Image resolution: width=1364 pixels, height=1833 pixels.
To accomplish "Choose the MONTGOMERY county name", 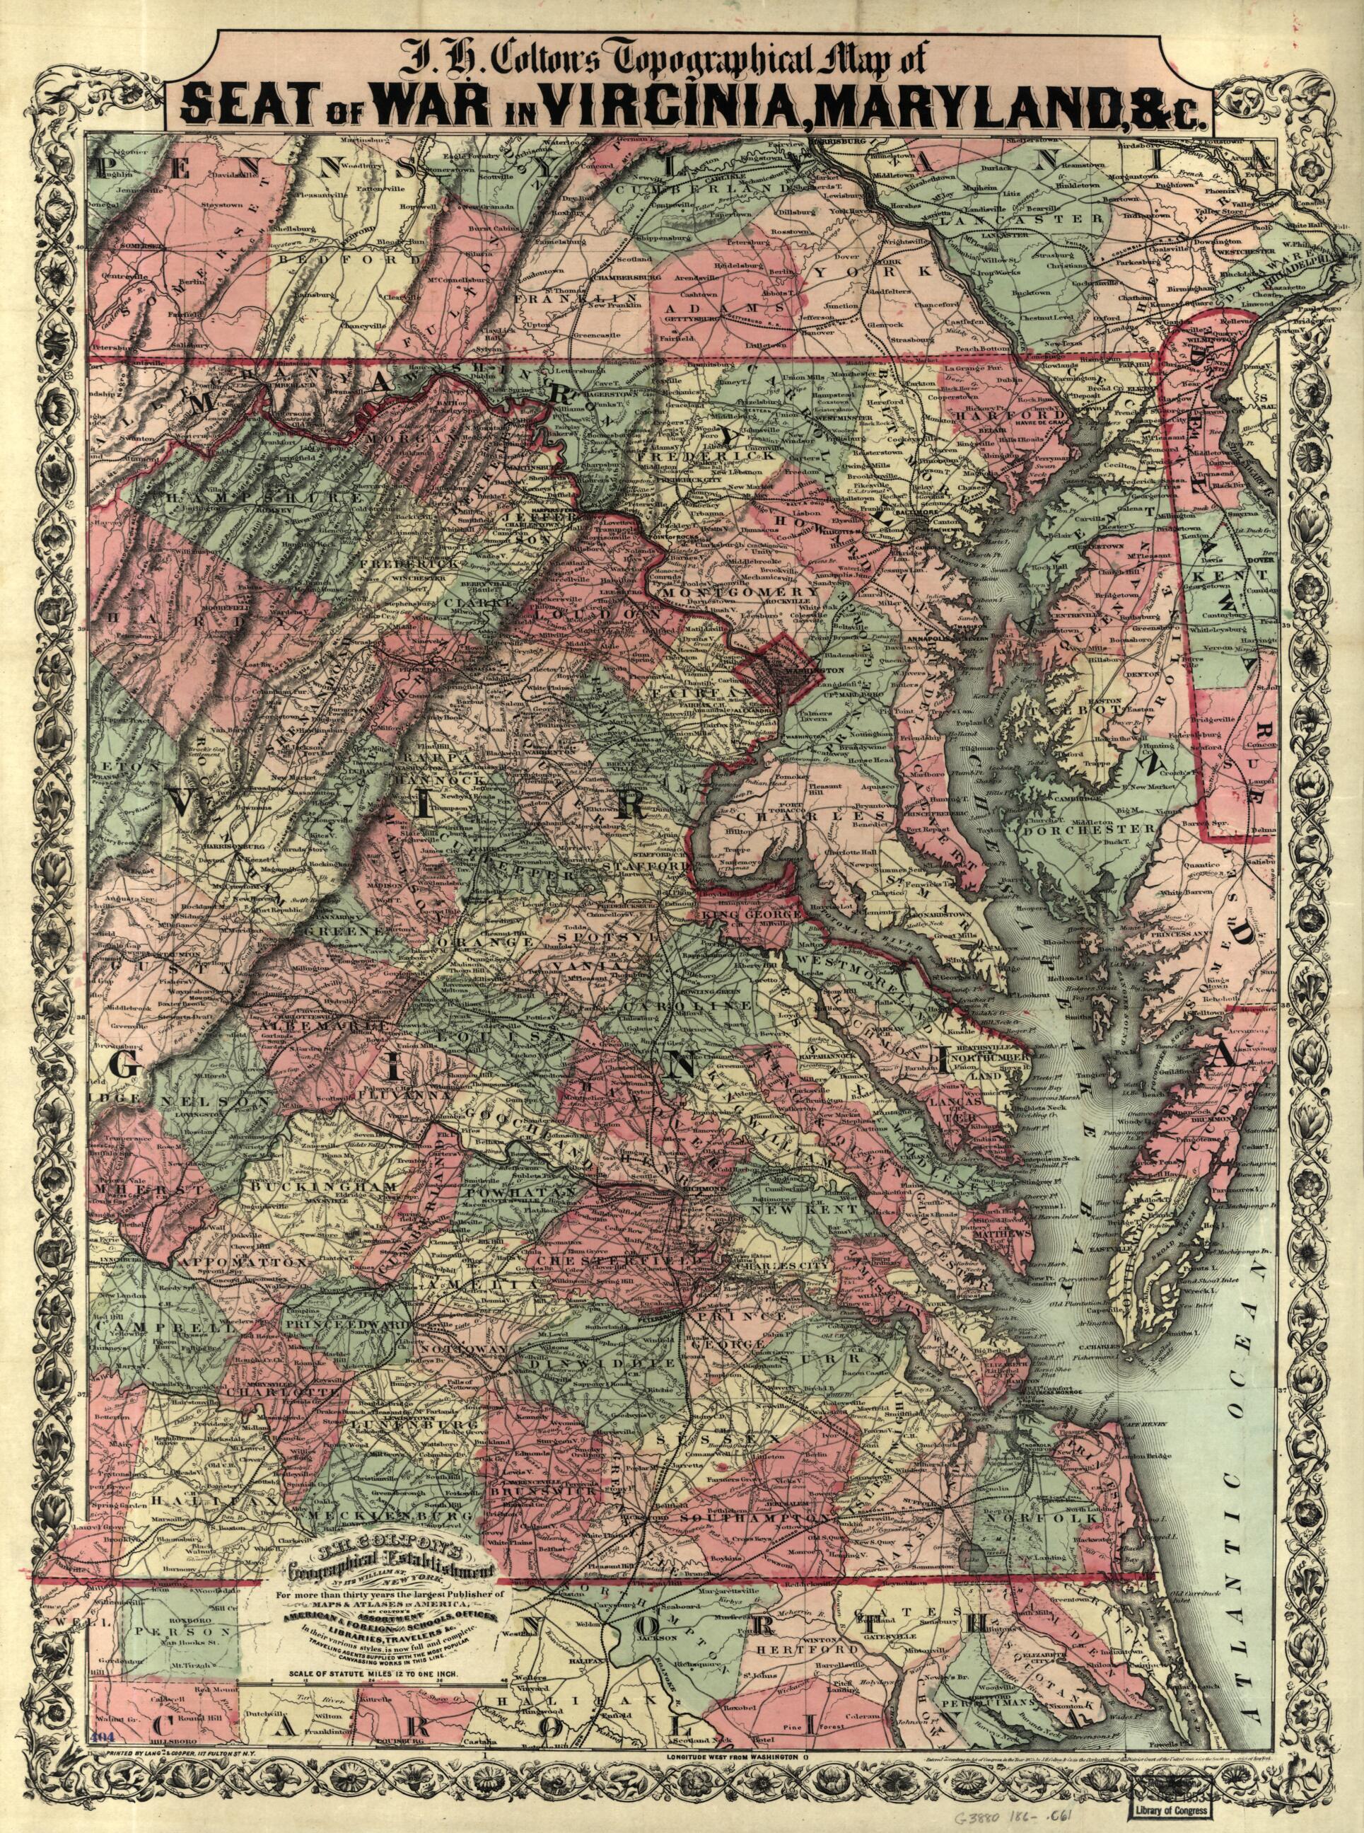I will pyautogui.click(x=725, y=592).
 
